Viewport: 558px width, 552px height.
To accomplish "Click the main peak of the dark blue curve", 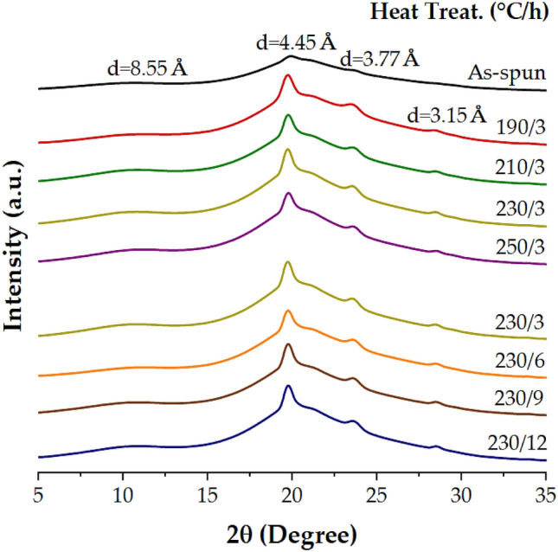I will click(x=288, y=386).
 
